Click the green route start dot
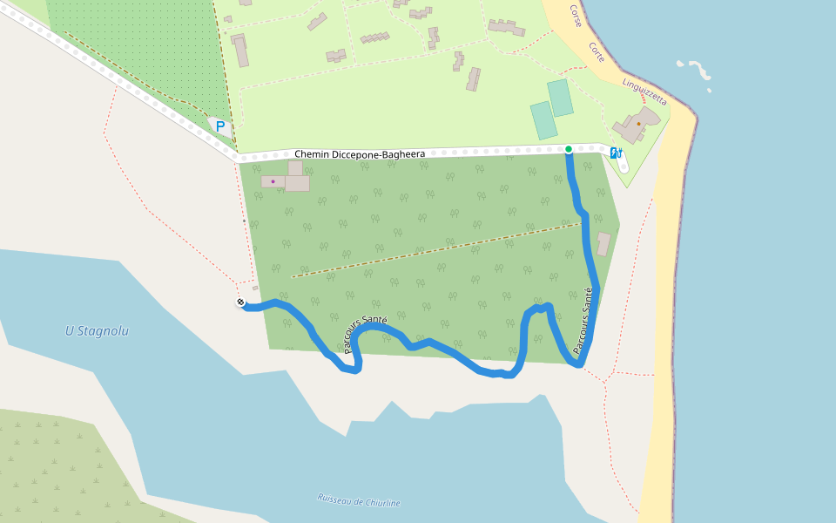click(569, 149)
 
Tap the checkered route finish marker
click(240, 302)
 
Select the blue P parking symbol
click(220, 126)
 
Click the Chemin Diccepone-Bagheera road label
click(360, 154)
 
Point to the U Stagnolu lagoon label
click(97, 331)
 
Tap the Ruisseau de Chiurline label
click(359, 501)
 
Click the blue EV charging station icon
click(616, 153)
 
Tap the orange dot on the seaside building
click(638, 124)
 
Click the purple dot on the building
click(273, 181)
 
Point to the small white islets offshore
click(697, 70)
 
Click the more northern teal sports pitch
click(561, 98)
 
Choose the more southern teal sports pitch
click(543, 120)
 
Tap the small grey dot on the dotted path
click(243, 221)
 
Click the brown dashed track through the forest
click(435, 250)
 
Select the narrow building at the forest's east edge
click(603, 244)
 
